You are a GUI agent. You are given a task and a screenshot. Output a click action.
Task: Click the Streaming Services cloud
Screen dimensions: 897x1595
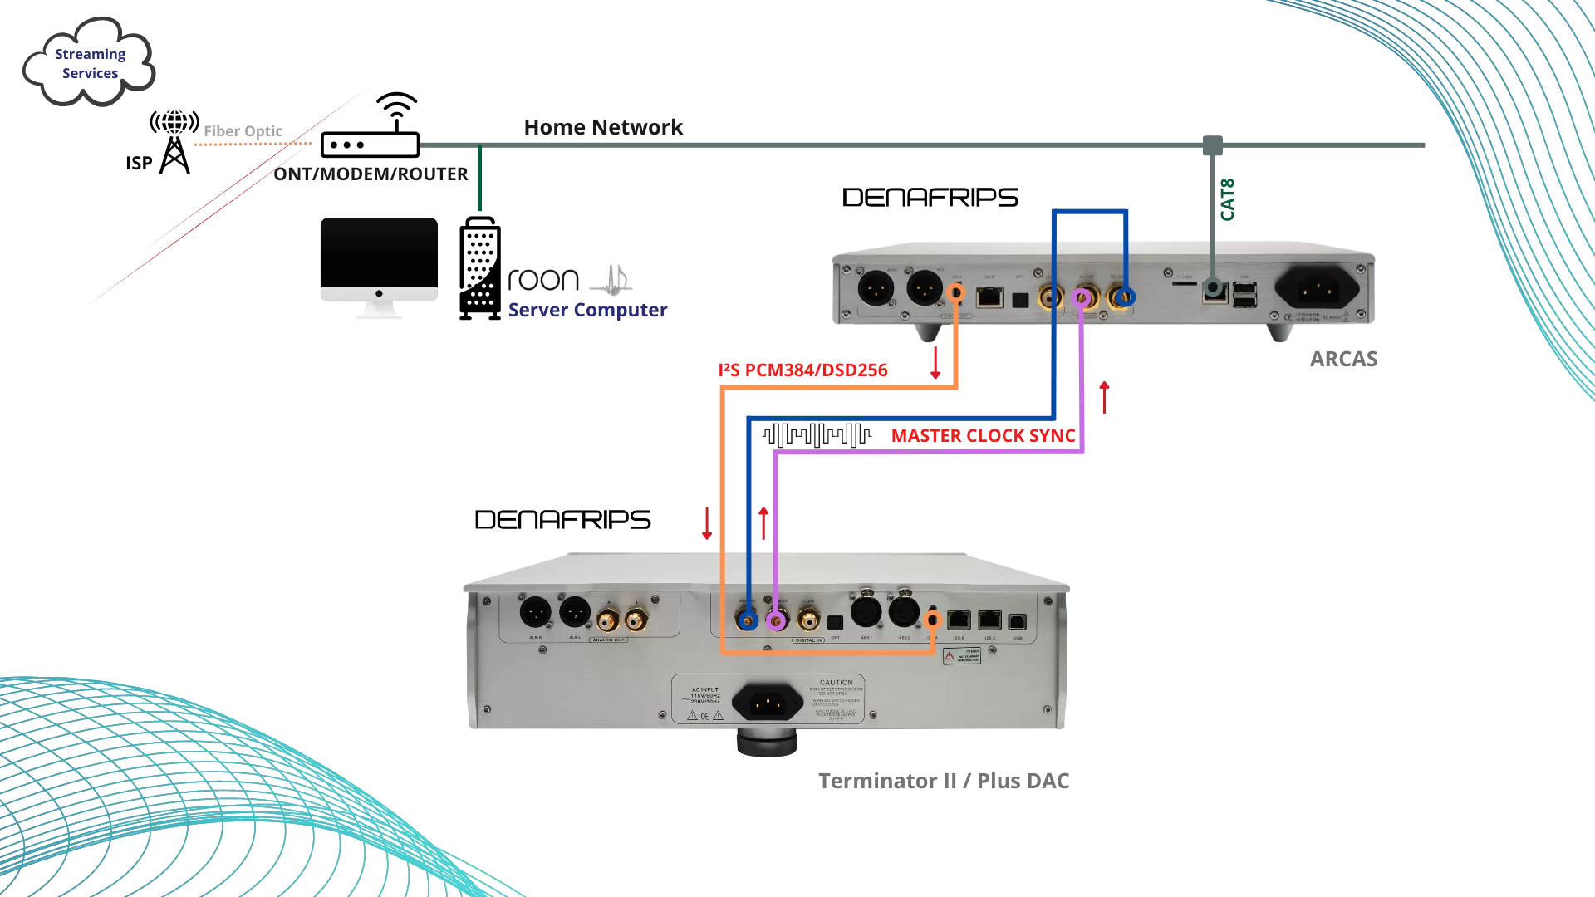89,63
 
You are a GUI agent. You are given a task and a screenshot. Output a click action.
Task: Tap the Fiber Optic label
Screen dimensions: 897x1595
243,131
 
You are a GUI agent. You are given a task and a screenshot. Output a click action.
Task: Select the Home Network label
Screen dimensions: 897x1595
603,127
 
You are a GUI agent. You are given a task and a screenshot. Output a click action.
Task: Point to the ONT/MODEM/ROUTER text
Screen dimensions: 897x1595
371,174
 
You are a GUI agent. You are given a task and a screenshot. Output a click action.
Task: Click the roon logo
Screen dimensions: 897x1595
543,280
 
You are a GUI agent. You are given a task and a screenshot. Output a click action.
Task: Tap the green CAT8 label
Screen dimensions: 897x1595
1228,199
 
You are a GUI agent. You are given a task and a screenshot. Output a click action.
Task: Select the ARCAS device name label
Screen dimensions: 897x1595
1343,359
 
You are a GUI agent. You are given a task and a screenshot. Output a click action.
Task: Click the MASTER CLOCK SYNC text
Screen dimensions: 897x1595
983,435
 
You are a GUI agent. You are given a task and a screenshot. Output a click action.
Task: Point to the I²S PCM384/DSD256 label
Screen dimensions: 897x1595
802,370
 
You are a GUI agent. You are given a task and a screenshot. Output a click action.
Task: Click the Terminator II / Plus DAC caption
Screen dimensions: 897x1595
944,781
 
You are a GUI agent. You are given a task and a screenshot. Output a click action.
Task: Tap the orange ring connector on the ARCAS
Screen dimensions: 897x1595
956,292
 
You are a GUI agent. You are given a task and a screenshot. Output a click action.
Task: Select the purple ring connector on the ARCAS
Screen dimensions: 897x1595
1082,297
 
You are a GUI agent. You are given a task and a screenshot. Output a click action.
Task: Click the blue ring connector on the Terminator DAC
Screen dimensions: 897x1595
748,620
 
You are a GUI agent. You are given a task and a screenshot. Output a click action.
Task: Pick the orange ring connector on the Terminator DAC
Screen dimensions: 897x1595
933,620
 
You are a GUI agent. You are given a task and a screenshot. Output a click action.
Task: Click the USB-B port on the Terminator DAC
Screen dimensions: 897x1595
1018,621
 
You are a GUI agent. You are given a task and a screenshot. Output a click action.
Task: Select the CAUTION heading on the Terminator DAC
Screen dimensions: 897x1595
836,683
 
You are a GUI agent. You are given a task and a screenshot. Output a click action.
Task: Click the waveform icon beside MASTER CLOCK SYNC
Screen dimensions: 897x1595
817,434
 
